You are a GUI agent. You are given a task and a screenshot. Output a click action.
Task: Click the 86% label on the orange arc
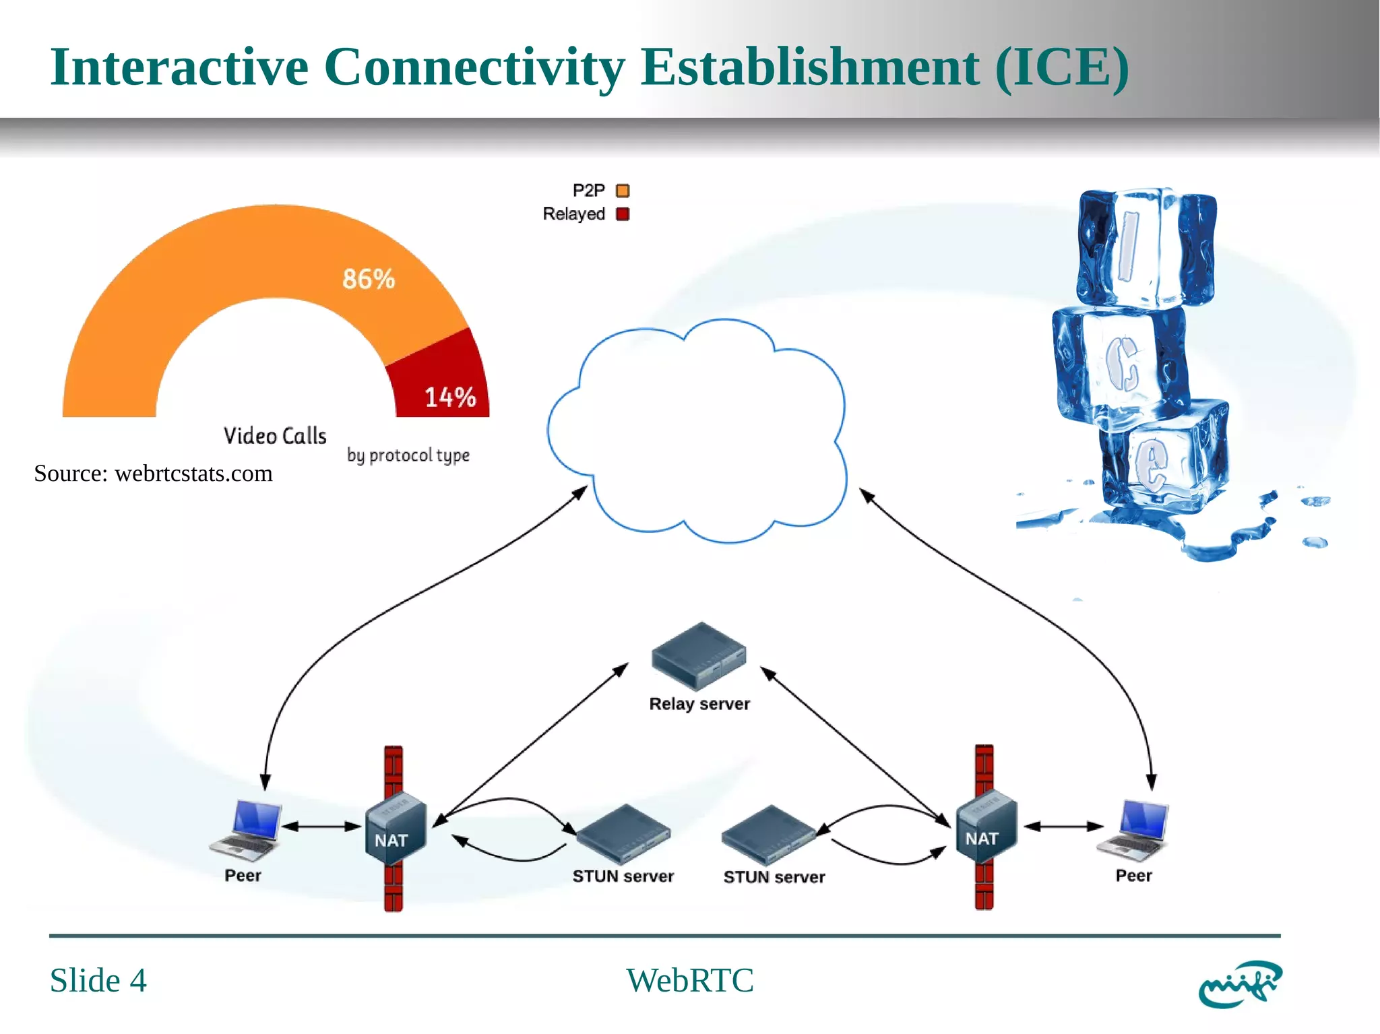368,279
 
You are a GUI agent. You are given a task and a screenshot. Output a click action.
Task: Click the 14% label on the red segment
449,397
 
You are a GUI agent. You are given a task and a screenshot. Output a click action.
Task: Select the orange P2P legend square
623,191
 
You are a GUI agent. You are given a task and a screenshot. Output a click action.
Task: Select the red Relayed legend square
623,214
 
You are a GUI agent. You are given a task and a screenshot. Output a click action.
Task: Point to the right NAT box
986,829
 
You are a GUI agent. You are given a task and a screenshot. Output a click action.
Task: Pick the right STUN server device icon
769,835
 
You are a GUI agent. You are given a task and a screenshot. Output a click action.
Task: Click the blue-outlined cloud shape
697,431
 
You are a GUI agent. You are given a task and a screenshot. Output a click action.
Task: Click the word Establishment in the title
809,67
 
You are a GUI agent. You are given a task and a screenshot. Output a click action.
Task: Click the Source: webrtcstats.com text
153,474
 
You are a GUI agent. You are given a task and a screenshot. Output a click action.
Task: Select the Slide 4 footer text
98,980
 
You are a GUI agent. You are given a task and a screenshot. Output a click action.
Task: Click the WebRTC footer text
689,980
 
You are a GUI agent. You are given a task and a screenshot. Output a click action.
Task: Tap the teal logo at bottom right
1239,984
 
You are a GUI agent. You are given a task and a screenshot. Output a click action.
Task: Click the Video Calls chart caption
275,436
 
